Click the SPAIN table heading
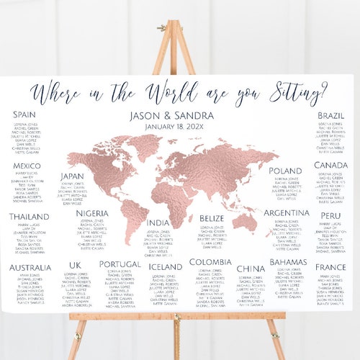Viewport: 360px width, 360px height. [x=24, y=114]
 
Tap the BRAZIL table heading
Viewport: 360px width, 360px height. [x=331, y=115]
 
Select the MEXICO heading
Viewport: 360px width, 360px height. [x=27, y=166]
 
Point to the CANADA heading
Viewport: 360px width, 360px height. [x=331, y=166]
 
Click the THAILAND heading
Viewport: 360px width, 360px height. [x=30, y=217]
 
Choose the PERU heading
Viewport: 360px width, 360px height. [x=331, y=215]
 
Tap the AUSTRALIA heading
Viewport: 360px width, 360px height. [x=30, y=268]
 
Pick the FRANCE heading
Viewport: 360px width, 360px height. [x=331, y=267]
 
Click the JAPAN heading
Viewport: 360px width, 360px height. [x=73, y=176]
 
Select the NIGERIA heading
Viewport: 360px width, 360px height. [x=91, y=213]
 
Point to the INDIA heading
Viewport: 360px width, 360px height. [x=158, y=222]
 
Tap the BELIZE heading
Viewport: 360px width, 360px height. [x=212, y=217]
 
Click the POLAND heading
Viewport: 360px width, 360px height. [x=285, y=171]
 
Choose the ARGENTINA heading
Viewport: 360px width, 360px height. [x=286, y=213]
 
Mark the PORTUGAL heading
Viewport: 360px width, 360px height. [x=120, y=264]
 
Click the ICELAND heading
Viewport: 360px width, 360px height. [x=166, y=266]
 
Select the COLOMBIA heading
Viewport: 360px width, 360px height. [x=210, y=262]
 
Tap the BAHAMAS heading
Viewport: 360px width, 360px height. [x=289, y=262]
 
